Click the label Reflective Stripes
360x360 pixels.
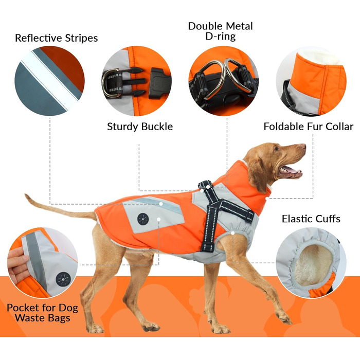click(x=56, y=38)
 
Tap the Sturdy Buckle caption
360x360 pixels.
click(x=140, y=127)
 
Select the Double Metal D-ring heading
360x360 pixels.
click(x=221, y=31)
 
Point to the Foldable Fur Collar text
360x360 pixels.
click(x=309, y=127)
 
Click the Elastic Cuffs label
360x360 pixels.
click(x=311, y=219)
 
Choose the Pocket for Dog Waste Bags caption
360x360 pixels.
click(x=43, y=313)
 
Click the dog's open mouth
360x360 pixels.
click(x=290, y=171)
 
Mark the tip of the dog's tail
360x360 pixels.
click(x=26, y=195)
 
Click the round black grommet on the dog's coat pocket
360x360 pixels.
click(x=143, y=219)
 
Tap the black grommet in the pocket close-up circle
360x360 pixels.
click(x=63, y=279)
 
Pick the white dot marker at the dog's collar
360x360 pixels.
click(x=267, y=198)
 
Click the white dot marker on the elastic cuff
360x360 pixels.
click(x=232, y=233)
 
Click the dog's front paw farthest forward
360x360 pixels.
click(x=285, y=319)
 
